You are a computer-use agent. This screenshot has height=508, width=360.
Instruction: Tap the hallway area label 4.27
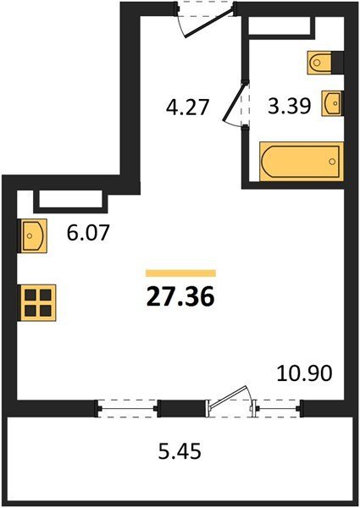(187, 108)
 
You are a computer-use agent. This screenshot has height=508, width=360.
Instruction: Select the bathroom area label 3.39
(290, 105)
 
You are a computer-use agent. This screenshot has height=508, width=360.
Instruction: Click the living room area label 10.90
(305, 373)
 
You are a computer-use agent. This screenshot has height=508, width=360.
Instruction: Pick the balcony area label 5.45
(180, 451)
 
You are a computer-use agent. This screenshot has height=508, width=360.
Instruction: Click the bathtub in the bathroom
(302, 161)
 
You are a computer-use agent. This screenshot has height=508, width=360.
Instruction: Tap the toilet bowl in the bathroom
(319, 62)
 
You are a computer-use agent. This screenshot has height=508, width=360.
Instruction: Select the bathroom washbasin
(331, 103)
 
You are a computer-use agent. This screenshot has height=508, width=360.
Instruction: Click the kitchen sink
(34, 235)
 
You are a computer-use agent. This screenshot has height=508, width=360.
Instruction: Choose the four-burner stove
(38, 303)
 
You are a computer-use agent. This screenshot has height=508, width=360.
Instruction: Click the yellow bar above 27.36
(180, 273)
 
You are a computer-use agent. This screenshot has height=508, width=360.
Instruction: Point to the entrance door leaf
(209, 24)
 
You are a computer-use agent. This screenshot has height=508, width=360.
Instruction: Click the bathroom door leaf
(234, 102)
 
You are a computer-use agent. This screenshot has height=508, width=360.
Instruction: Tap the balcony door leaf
(229, 395)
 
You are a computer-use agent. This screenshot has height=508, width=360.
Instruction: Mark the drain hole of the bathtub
(332, 162)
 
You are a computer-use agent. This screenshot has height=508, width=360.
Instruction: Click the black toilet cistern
(337, 62)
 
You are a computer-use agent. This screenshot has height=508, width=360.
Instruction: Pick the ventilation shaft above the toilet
(281, 27)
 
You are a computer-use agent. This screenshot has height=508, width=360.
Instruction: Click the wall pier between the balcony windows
(181, 408)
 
